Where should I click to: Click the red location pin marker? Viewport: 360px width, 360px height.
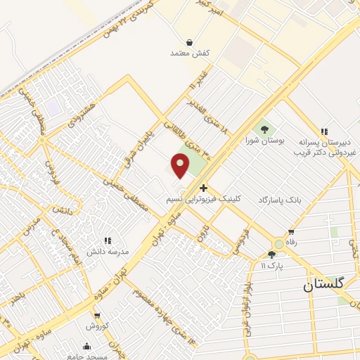(180, 165)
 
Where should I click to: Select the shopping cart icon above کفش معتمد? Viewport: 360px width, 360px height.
(189, 42)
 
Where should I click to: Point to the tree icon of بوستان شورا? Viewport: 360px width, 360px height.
(265, 129)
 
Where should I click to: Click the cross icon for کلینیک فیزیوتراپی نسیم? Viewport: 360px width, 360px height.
(203, 188)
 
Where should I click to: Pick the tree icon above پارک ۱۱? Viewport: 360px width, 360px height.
(271, 255)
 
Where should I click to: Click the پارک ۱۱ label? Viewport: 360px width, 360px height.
(271, 265)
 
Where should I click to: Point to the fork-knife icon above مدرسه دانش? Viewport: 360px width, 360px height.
(108, 240)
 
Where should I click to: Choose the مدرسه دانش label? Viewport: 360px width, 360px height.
(108, 251)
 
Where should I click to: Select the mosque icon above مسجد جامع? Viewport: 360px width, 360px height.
(86, 346)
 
